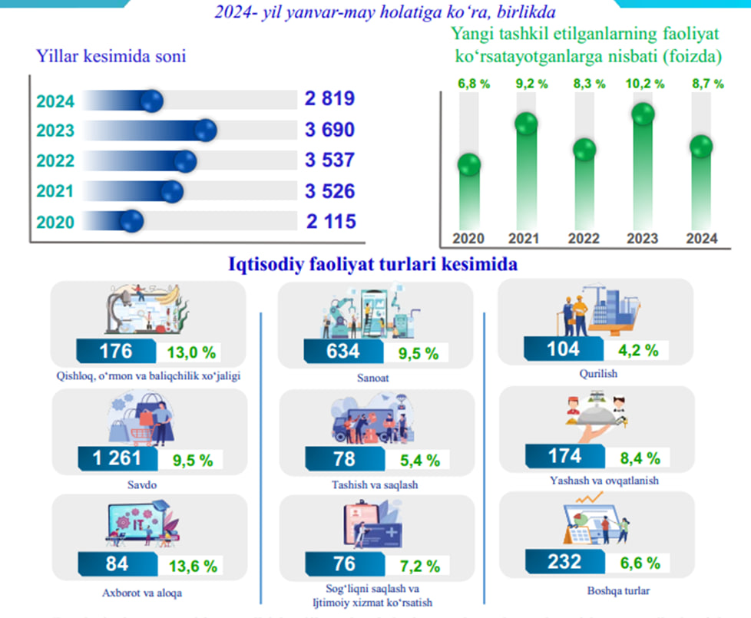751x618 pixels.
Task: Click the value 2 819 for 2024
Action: click(329, 100)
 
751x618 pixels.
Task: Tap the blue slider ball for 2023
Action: click(205, 131)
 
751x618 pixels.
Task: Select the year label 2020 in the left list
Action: click(55, 223)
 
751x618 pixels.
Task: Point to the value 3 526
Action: click(329, 191)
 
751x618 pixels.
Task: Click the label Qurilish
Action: click(600, 374)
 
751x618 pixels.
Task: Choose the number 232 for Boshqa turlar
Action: click(564, 562)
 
